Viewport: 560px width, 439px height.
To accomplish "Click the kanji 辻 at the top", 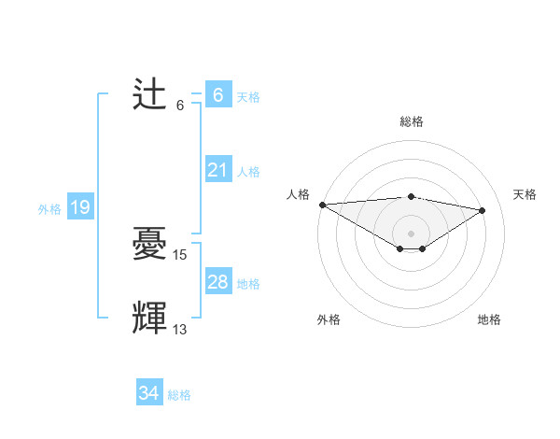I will [150, 95].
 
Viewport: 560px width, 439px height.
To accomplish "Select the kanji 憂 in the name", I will [150, 245].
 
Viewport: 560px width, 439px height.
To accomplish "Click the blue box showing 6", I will [217, 94].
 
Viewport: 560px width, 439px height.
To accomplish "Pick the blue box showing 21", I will [217, 170].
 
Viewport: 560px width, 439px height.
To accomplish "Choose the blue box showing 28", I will [217, 282].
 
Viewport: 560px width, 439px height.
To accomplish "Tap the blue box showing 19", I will [80, 207].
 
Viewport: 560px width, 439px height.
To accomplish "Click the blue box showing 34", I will [148, 393].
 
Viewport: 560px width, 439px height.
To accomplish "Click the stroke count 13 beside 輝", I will [180, 329].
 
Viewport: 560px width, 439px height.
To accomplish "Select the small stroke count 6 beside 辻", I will [180, 105].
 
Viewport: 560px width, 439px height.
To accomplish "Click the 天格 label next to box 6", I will [248, 97].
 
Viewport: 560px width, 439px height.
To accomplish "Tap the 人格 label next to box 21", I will [248, 172].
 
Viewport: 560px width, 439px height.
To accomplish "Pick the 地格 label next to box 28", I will [248, 284].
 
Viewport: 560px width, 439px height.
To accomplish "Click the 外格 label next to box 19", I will [49, 209].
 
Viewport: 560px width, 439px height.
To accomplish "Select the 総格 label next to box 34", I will [179, 395].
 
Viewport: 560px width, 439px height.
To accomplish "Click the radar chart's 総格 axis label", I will [411, 121].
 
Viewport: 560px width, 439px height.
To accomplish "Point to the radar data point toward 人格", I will [322, 205].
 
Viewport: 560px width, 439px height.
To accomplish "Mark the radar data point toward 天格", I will [482, 210].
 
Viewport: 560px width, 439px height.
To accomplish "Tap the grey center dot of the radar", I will [411, 233].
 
